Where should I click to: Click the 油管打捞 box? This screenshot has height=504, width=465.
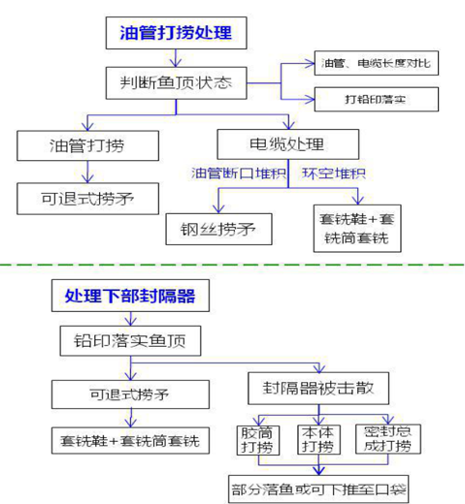click(x=87, y=146)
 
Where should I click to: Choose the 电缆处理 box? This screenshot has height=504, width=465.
click(x=288, y=145)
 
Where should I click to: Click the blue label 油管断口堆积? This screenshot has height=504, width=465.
click(x=238, y=173)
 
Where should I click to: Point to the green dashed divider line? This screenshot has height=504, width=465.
click(x=233, y=265)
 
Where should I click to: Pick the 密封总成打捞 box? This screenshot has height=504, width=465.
click(x=385, y=439)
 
